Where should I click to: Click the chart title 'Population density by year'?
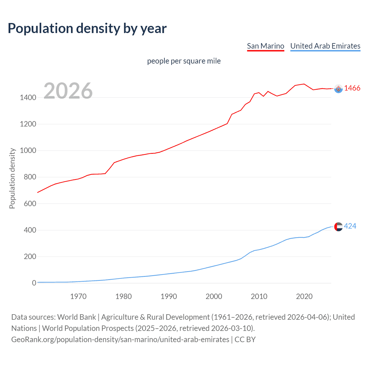(x=87, y=28)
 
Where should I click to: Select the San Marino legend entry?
(x=265, y=46)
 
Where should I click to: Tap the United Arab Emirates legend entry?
(x=325, y=46)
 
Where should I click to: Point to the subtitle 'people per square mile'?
(x=184, y=61)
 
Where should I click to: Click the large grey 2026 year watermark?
(x=68, y=91)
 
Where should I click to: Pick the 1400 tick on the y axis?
(x=28, y=98)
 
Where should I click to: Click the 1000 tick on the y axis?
(x=28, y=151)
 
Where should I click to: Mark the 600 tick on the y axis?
(x=30, y=204)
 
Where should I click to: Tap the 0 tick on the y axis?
(x=34, y=283)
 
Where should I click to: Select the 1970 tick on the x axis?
(x=78, y=296)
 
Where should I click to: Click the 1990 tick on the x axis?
(x=169, y=296)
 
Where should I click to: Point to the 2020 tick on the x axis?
(x=304, y=296)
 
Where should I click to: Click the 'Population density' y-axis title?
(x=12, y=178)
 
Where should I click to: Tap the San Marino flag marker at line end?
(x=338, y=89)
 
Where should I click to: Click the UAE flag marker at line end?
(x=338, y=227)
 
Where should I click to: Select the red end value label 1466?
(x=352, y=88)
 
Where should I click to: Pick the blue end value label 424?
(x=350, y=226)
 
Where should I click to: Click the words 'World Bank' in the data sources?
(x=76, y=317)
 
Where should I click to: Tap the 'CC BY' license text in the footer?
(x=245, y=340)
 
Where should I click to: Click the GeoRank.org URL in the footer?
(x=120, y=340)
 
